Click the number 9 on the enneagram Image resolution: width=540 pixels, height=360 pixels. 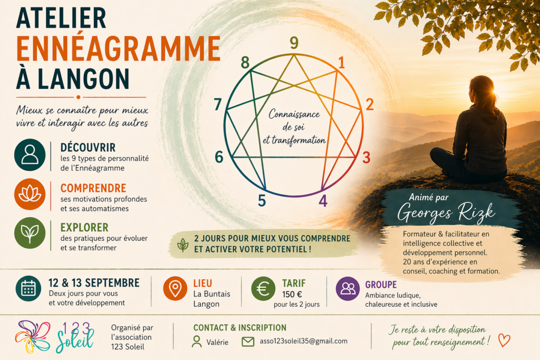point(294,43)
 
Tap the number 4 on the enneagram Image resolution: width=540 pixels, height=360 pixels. point(323,201)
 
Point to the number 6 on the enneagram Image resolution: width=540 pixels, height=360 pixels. point(219,157)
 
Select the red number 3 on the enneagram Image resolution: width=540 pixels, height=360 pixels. point(366,157)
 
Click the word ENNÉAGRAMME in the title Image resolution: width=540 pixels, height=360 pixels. point(118,48)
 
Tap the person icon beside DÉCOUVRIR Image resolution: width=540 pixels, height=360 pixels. point(30,154)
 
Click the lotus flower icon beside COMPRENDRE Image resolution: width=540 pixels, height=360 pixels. point(30,194)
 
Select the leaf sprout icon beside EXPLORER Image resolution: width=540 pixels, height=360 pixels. point(30,233)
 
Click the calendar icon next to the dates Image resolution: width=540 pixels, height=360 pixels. point(28,288)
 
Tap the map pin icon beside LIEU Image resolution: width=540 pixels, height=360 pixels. point(175,288)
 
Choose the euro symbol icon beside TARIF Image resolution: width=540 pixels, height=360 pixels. point(263,289)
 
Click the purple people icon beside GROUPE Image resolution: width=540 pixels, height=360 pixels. point(348,289)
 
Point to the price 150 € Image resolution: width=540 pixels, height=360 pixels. point(292,295)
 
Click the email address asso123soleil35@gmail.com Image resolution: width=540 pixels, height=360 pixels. point(303,341)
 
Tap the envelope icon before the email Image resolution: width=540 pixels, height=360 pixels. point(248,342)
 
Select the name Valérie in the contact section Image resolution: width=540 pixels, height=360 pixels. point(217,342)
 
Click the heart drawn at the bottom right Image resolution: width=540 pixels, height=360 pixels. point(504,340)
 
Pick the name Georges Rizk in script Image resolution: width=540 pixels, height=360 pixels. point(446,212)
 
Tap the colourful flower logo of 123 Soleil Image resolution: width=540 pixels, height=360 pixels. point(33,337)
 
